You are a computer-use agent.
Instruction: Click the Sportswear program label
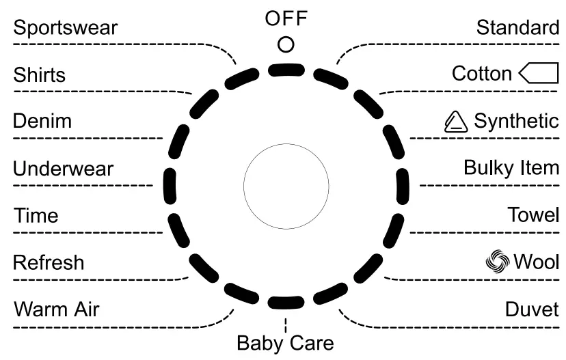coord(66,28)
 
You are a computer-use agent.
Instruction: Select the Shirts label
coord(40,74)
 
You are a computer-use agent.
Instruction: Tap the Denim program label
coord(42,122)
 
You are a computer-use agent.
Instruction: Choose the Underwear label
coord(64,169)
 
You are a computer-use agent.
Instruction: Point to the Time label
coord(36,216)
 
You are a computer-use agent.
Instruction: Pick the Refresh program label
coord(49,262)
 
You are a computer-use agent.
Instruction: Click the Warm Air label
coord(57,309)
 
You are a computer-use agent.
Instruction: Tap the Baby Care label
coord(285,342)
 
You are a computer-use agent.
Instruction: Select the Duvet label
coord(532,309)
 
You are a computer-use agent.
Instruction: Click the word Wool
coord(537,262)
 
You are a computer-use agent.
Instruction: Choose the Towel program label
coord(533,216)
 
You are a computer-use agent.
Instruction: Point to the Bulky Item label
coord(511,167)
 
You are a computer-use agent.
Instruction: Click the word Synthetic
coord(516,122)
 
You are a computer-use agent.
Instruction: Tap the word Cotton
coord(482,74)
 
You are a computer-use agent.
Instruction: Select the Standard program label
coord(517,28)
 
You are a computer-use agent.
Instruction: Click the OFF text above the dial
coord(286,19)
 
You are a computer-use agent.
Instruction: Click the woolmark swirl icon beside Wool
coord(497,262)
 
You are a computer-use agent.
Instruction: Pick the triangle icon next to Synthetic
coord(455,122)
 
